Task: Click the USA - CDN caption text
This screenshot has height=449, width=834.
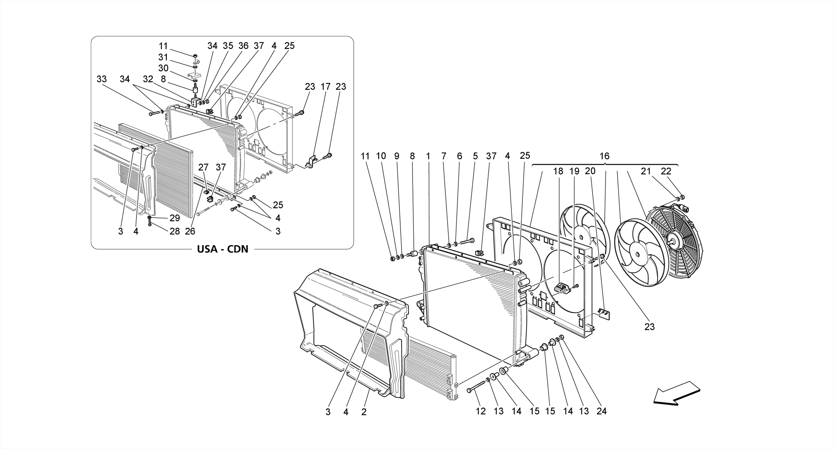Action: coord(222,249)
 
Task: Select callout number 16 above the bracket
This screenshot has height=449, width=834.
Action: coord(604,156)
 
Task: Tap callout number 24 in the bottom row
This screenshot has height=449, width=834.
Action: coord(601,412)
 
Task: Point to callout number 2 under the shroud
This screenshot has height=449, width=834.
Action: coord(364,412)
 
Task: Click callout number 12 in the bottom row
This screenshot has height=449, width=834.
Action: coord(481,412)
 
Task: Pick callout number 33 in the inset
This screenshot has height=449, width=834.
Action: coord(101,79)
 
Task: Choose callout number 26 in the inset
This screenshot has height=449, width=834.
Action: coord(190,231)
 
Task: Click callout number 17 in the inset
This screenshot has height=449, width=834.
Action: coord(325,87)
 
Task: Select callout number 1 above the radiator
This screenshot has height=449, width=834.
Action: coord(428,156)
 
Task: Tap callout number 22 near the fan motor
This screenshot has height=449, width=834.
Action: coord(666,172)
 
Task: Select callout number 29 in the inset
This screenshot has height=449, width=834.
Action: coord(174,218)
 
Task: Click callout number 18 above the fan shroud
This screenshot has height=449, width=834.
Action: coord(557,172)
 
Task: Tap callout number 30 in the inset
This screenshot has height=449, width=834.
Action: coord(163,68)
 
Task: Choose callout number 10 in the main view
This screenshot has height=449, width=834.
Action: coord(381,156)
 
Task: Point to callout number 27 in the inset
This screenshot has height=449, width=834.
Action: coord(203,167)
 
